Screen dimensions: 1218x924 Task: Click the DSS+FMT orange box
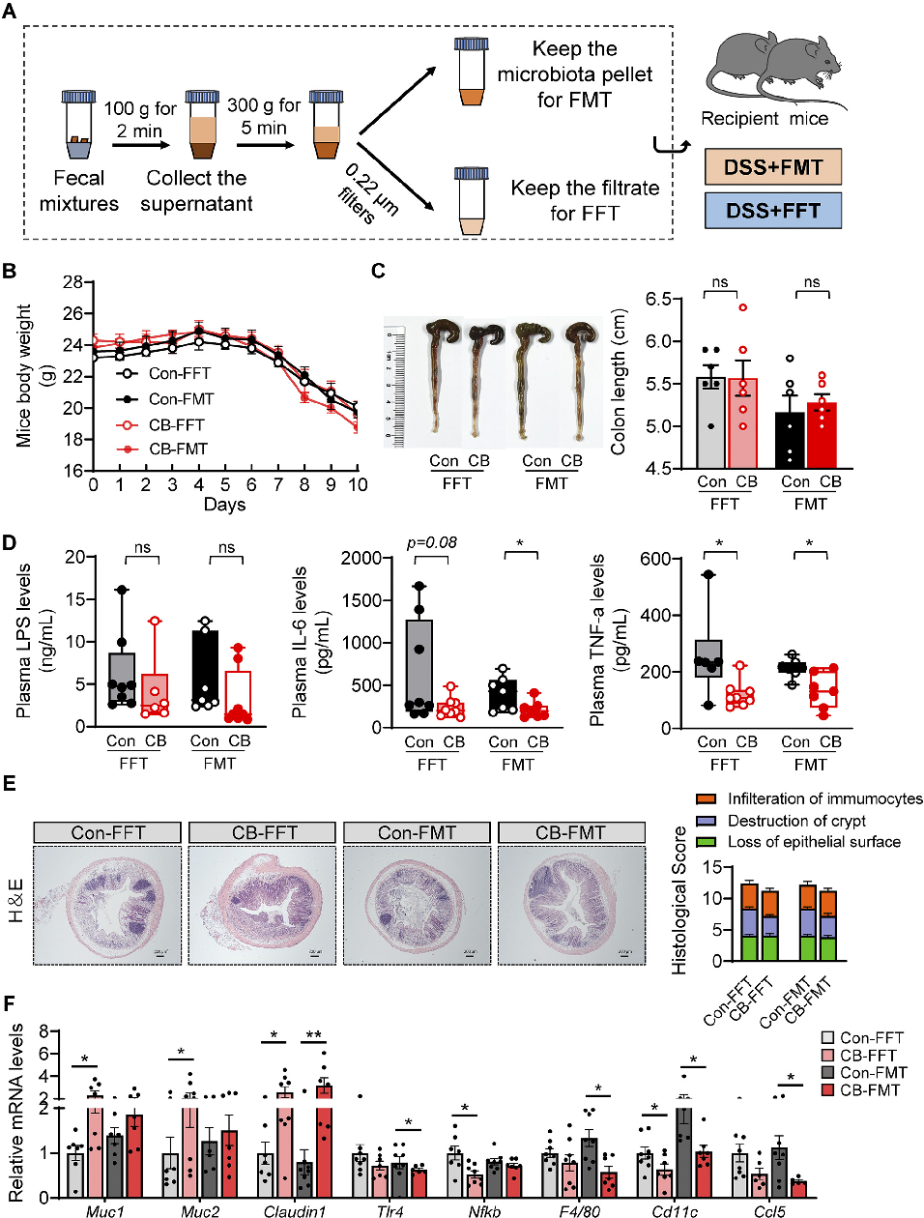point(773,166)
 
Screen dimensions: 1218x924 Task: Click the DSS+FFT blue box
point(773,210)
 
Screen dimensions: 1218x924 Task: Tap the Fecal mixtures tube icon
point(78,126)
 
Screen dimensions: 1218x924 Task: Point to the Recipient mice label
point(765,119)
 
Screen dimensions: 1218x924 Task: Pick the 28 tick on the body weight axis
point(72,282)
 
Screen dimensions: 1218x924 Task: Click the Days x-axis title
point(224,505)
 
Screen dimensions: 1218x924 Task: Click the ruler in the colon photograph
point(394,384)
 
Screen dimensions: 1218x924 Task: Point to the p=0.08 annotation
point(431,542)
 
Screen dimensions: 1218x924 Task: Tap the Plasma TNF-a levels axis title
point(597,640)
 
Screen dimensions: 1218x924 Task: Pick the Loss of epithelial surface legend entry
point(814,842)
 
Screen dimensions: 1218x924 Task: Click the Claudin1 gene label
point(295,1210)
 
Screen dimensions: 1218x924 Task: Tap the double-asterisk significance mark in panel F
point(313,1035)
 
